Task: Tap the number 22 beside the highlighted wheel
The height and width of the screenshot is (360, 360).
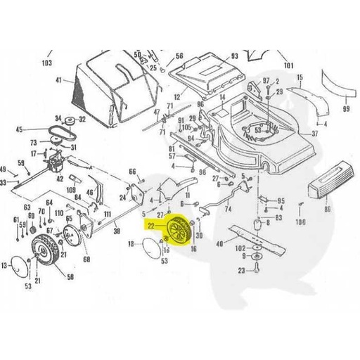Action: click(150, 227)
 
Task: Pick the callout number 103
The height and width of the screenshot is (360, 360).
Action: click(47, 63)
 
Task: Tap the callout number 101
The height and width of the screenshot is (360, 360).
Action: click(287, 65)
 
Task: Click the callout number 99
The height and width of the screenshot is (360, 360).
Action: click(345, 110)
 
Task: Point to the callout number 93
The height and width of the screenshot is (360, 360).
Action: click(234, 56)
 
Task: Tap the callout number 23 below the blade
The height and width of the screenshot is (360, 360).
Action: click(242, 270)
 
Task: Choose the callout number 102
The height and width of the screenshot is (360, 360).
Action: click(240, 248)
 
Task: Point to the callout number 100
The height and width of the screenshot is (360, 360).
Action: click(301, 222)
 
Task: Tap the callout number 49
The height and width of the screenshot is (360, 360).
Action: click(5, 169)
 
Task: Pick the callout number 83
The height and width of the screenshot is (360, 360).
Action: click(278, 219)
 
